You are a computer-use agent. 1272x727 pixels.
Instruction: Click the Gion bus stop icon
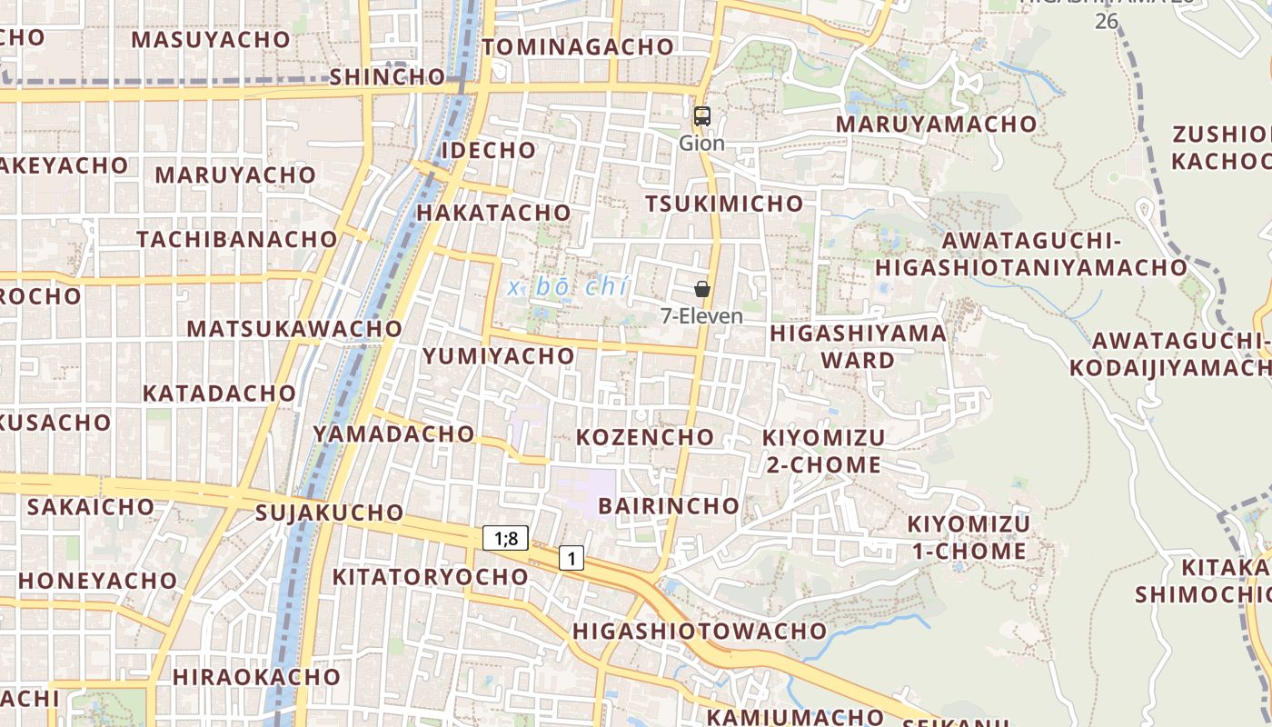pos(701,116)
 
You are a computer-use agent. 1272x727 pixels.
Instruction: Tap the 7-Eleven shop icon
pos(701,289)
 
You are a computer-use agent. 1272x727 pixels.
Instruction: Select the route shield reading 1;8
pos(505,538)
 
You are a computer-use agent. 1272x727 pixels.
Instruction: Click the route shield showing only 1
pos(571,558)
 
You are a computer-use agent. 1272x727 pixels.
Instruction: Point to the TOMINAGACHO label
pos(578,47)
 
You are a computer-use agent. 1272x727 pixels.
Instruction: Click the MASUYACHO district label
pos(211,40)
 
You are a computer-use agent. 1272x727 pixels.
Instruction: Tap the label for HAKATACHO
pos(493,213)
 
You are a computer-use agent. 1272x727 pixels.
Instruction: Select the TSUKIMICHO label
pos(724,204)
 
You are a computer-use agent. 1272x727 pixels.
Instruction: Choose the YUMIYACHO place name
pos(498,355)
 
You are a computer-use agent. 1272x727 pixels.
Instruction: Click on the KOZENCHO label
pos(645,437)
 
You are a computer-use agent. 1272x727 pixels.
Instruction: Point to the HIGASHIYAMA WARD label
pos(858,346)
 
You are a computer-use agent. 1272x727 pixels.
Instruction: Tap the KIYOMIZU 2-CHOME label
pos(823,451)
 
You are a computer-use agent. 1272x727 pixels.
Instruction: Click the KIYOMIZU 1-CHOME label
pos(969,537)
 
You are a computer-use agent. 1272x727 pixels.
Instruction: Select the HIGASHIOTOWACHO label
pos(700,631)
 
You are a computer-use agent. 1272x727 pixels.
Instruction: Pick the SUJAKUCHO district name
pos(329,513)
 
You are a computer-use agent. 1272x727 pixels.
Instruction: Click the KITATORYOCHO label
pos(430,577)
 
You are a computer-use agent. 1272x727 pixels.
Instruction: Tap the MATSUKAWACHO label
pos(294,328)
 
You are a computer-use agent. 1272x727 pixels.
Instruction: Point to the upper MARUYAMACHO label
pos(936,124)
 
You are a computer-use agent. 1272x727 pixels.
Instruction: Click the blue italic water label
pos(569,287)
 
